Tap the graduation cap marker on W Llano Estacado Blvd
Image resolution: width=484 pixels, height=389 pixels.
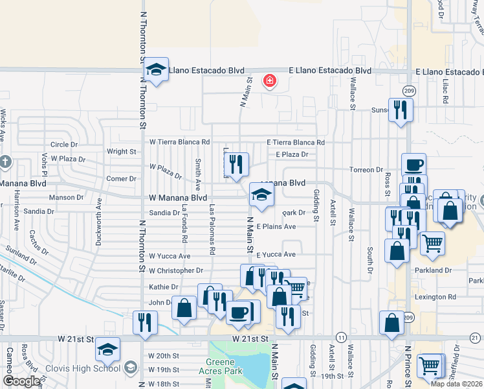click(156, 70)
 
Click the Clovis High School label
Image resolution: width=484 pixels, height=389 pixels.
click(83, 368)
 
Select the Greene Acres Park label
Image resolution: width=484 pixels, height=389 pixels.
click(224, 366)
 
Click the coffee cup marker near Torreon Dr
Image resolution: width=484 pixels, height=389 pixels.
click(413, 165)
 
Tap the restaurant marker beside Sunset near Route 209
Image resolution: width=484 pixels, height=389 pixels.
click(401, 110)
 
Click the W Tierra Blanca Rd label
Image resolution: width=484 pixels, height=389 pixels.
click(180, 141)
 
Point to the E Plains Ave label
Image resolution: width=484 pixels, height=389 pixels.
click(276, 226)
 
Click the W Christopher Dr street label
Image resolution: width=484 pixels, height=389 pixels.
click(176, 270)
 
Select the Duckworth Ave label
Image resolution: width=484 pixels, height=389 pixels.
click(99, 221)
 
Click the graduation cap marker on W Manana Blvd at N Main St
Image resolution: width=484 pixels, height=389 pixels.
click(261, 195)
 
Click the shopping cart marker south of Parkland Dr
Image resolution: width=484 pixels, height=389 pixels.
click(430, 366)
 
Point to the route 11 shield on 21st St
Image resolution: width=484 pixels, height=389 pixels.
click(340, 338)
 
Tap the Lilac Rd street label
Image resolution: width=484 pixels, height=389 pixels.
click(445, 93)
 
